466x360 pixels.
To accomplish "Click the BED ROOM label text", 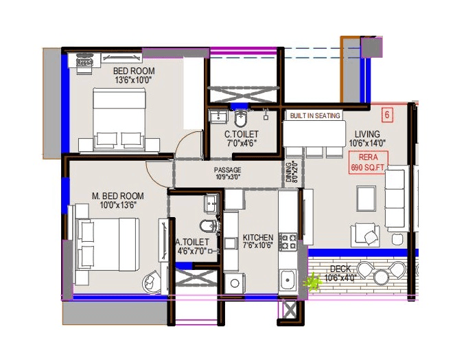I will click(x=134, y=71).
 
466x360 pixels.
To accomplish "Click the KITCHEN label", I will click(x=258, y=238).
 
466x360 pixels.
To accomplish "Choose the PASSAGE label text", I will click(x=227, y=170).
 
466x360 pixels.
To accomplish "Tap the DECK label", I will click(x=340, y=269).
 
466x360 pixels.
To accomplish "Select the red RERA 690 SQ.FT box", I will click(x=369, y=162).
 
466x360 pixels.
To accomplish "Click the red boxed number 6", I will click(x=387, y=115).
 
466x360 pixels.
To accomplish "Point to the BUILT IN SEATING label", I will click(x=314, y=115).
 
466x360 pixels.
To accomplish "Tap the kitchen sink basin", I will click(x=287, y=280).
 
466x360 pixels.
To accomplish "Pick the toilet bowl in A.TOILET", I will click(x=207, y=227).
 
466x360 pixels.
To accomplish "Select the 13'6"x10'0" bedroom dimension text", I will click(x=134, y=80).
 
